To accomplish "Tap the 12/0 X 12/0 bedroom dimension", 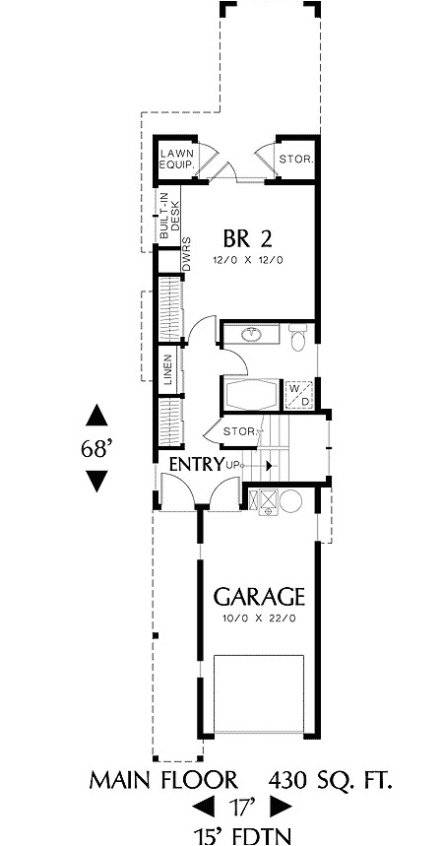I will [247, 261].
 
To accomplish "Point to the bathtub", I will [251, 396].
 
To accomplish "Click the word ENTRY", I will [197, 464].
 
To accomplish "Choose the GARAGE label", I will [260, 597].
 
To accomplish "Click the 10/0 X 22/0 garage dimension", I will [260, 620].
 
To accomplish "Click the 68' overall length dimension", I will [96, 448].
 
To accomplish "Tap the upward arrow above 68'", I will [96, 414].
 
